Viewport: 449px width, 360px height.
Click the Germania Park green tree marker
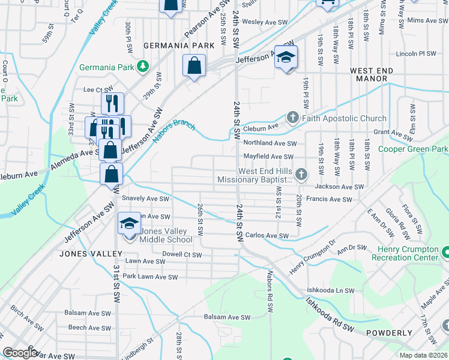tap(142, 66)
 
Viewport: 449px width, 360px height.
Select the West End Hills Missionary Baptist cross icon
tap(301, 175)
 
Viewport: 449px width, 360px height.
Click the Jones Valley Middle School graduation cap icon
tap(128, 223)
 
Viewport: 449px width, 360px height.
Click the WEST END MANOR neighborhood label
tap(372, 74)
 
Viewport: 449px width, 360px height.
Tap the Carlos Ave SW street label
tap(267, 236)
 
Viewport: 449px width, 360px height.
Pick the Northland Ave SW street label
tap(270, 143)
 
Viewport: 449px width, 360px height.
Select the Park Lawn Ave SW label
tap(150, 277)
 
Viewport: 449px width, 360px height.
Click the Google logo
tap(20, 353)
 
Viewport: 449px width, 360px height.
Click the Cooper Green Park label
tap(414, 149)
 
